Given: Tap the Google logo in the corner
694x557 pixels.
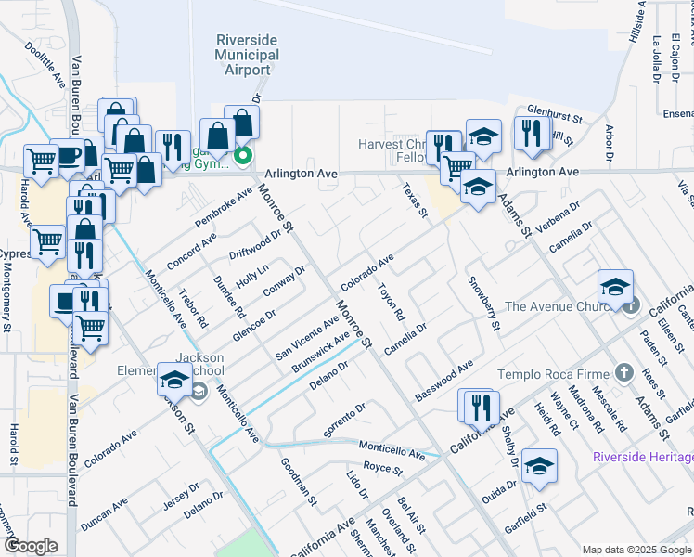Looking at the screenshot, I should coord(31,546).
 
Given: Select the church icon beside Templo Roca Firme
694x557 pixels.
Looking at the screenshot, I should coord(623,373).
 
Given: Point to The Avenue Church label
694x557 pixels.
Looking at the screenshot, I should coord(560,306).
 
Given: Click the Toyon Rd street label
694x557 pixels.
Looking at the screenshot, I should coord(392,303).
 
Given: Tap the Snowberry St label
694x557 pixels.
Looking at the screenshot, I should coord(483,304).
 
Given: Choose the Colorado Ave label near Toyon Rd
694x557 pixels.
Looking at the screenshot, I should coord(367,271).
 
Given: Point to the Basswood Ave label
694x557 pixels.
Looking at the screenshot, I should coord(444,380).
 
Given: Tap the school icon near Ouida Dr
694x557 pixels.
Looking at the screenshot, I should coord(539,466).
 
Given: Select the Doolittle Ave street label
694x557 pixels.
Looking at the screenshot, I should coord(44,64).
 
